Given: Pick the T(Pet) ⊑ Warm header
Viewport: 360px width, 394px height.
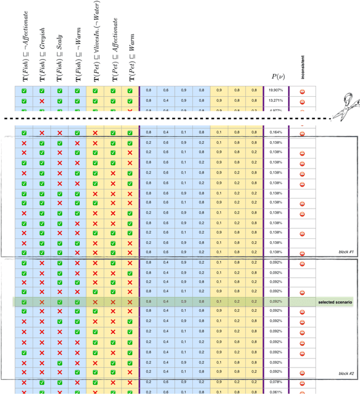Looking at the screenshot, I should coord(130,62).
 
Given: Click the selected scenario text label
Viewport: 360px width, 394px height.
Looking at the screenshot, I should coord(335,302).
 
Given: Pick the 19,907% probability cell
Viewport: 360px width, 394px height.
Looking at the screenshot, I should coord(275,90).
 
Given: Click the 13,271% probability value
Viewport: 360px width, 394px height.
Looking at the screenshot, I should coord(275,100).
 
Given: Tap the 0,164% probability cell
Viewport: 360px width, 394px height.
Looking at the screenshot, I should coord(275,133).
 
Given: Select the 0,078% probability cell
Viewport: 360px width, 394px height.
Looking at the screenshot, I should coord(275,382).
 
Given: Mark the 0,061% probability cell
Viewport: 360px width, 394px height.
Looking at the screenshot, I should coord(275,391).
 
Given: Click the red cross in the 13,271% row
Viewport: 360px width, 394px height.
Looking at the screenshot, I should coord(42,100).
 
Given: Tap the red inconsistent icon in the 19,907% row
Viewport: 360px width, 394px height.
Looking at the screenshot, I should coord(302,91).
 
